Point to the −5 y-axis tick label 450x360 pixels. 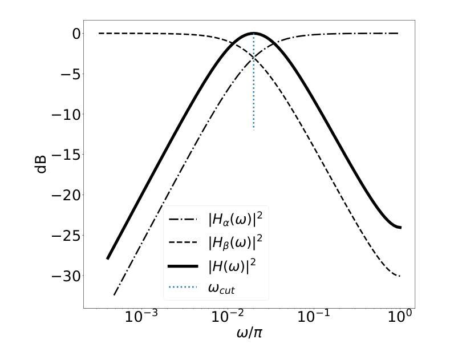coord(65,75)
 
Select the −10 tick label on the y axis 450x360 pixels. coord(61,115)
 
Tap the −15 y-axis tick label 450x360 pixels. coord(61,155)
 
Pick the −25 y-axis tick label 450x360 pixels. coord(61,236)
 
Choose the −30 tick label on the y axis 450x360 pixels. coord(61,276)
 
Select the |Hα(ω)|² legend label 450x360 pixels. coord(235,220)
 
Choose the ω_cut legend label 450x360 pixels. coord(222,288)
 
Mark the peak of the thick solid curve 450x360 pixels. coord(253,33)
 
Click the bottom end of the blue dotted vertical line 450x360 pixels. coord(253,130)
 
